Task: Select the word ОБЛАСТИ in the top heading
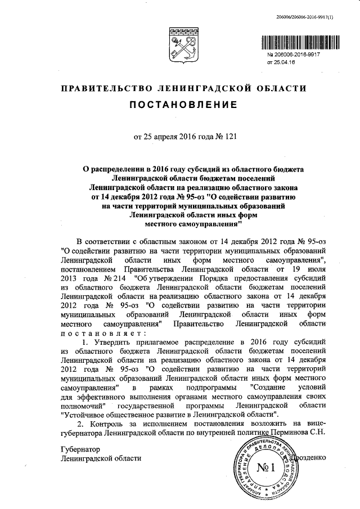(281, 88)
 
